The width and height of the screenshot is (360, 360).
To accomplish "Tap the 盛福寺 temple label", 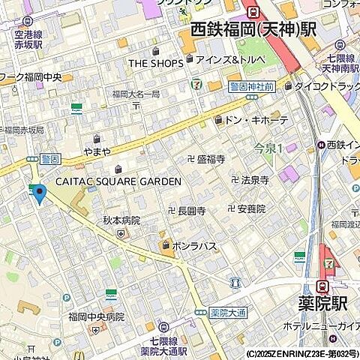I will pos(211,158).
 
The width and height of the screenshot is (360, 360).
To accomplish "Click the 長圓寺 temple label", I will pos(191,211).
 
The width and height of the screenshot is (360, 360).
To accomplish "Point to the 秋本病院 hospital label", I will pos(121,220).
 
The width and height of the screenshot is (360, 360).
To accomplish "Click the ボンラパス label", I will pos(195,245).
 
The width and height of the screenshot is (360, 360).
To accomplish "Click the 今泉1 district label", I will pos(268,148).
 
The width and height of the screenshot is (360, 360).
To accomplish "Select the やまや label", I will pos(97,151).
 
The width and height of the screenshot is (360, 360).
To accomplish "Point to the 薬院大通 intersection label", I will pos(223,312).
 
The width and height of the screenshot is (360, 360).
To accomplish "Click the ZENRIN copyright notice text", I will pos(301,353).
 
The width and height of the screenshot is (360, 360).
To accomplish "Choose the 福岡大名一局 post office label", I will pos(136,94).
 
